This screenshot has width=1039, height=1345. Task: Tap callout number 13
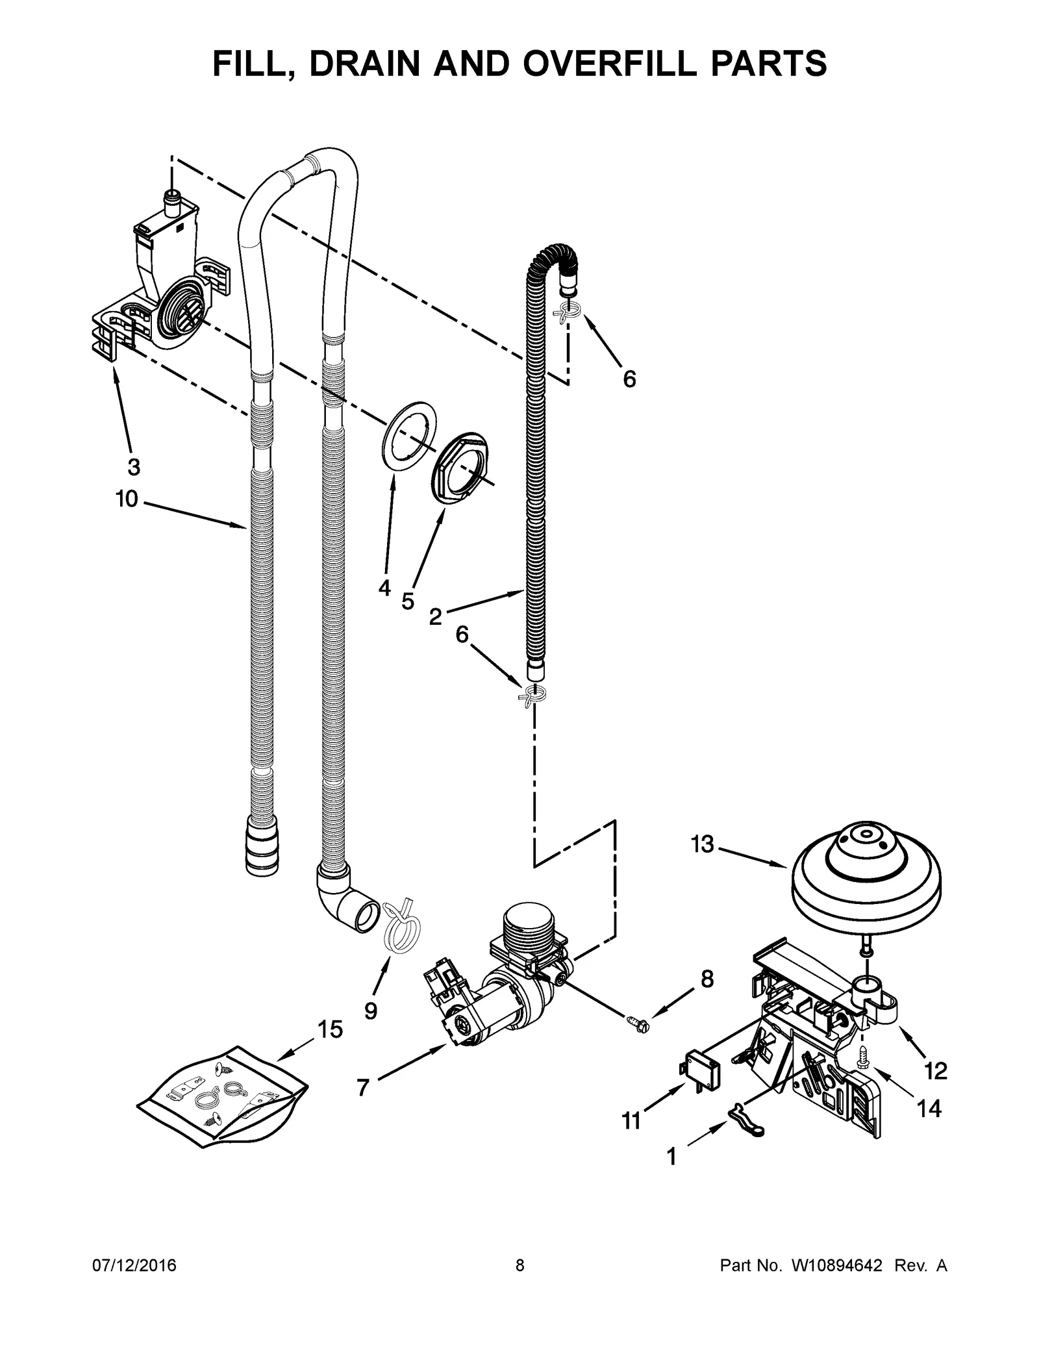[702, 844]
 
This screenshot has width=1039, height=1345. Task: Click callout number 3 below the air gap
[133, 466]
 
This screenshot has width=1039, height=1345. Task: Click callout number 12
[936, 1070]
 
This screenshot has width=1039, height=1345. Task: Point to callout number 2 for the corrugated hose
[435, 616]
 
